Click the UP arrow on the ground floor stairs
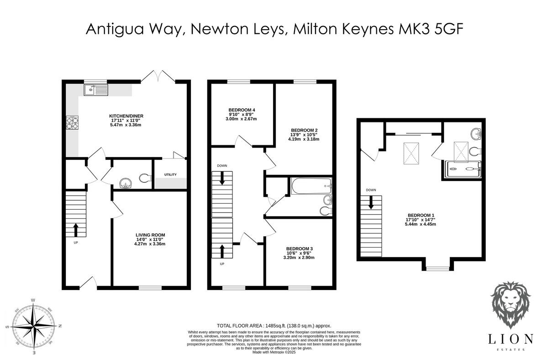click(76, 228)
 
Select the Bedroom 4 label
click(242, 110)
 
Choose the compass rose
click(33, 326)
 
